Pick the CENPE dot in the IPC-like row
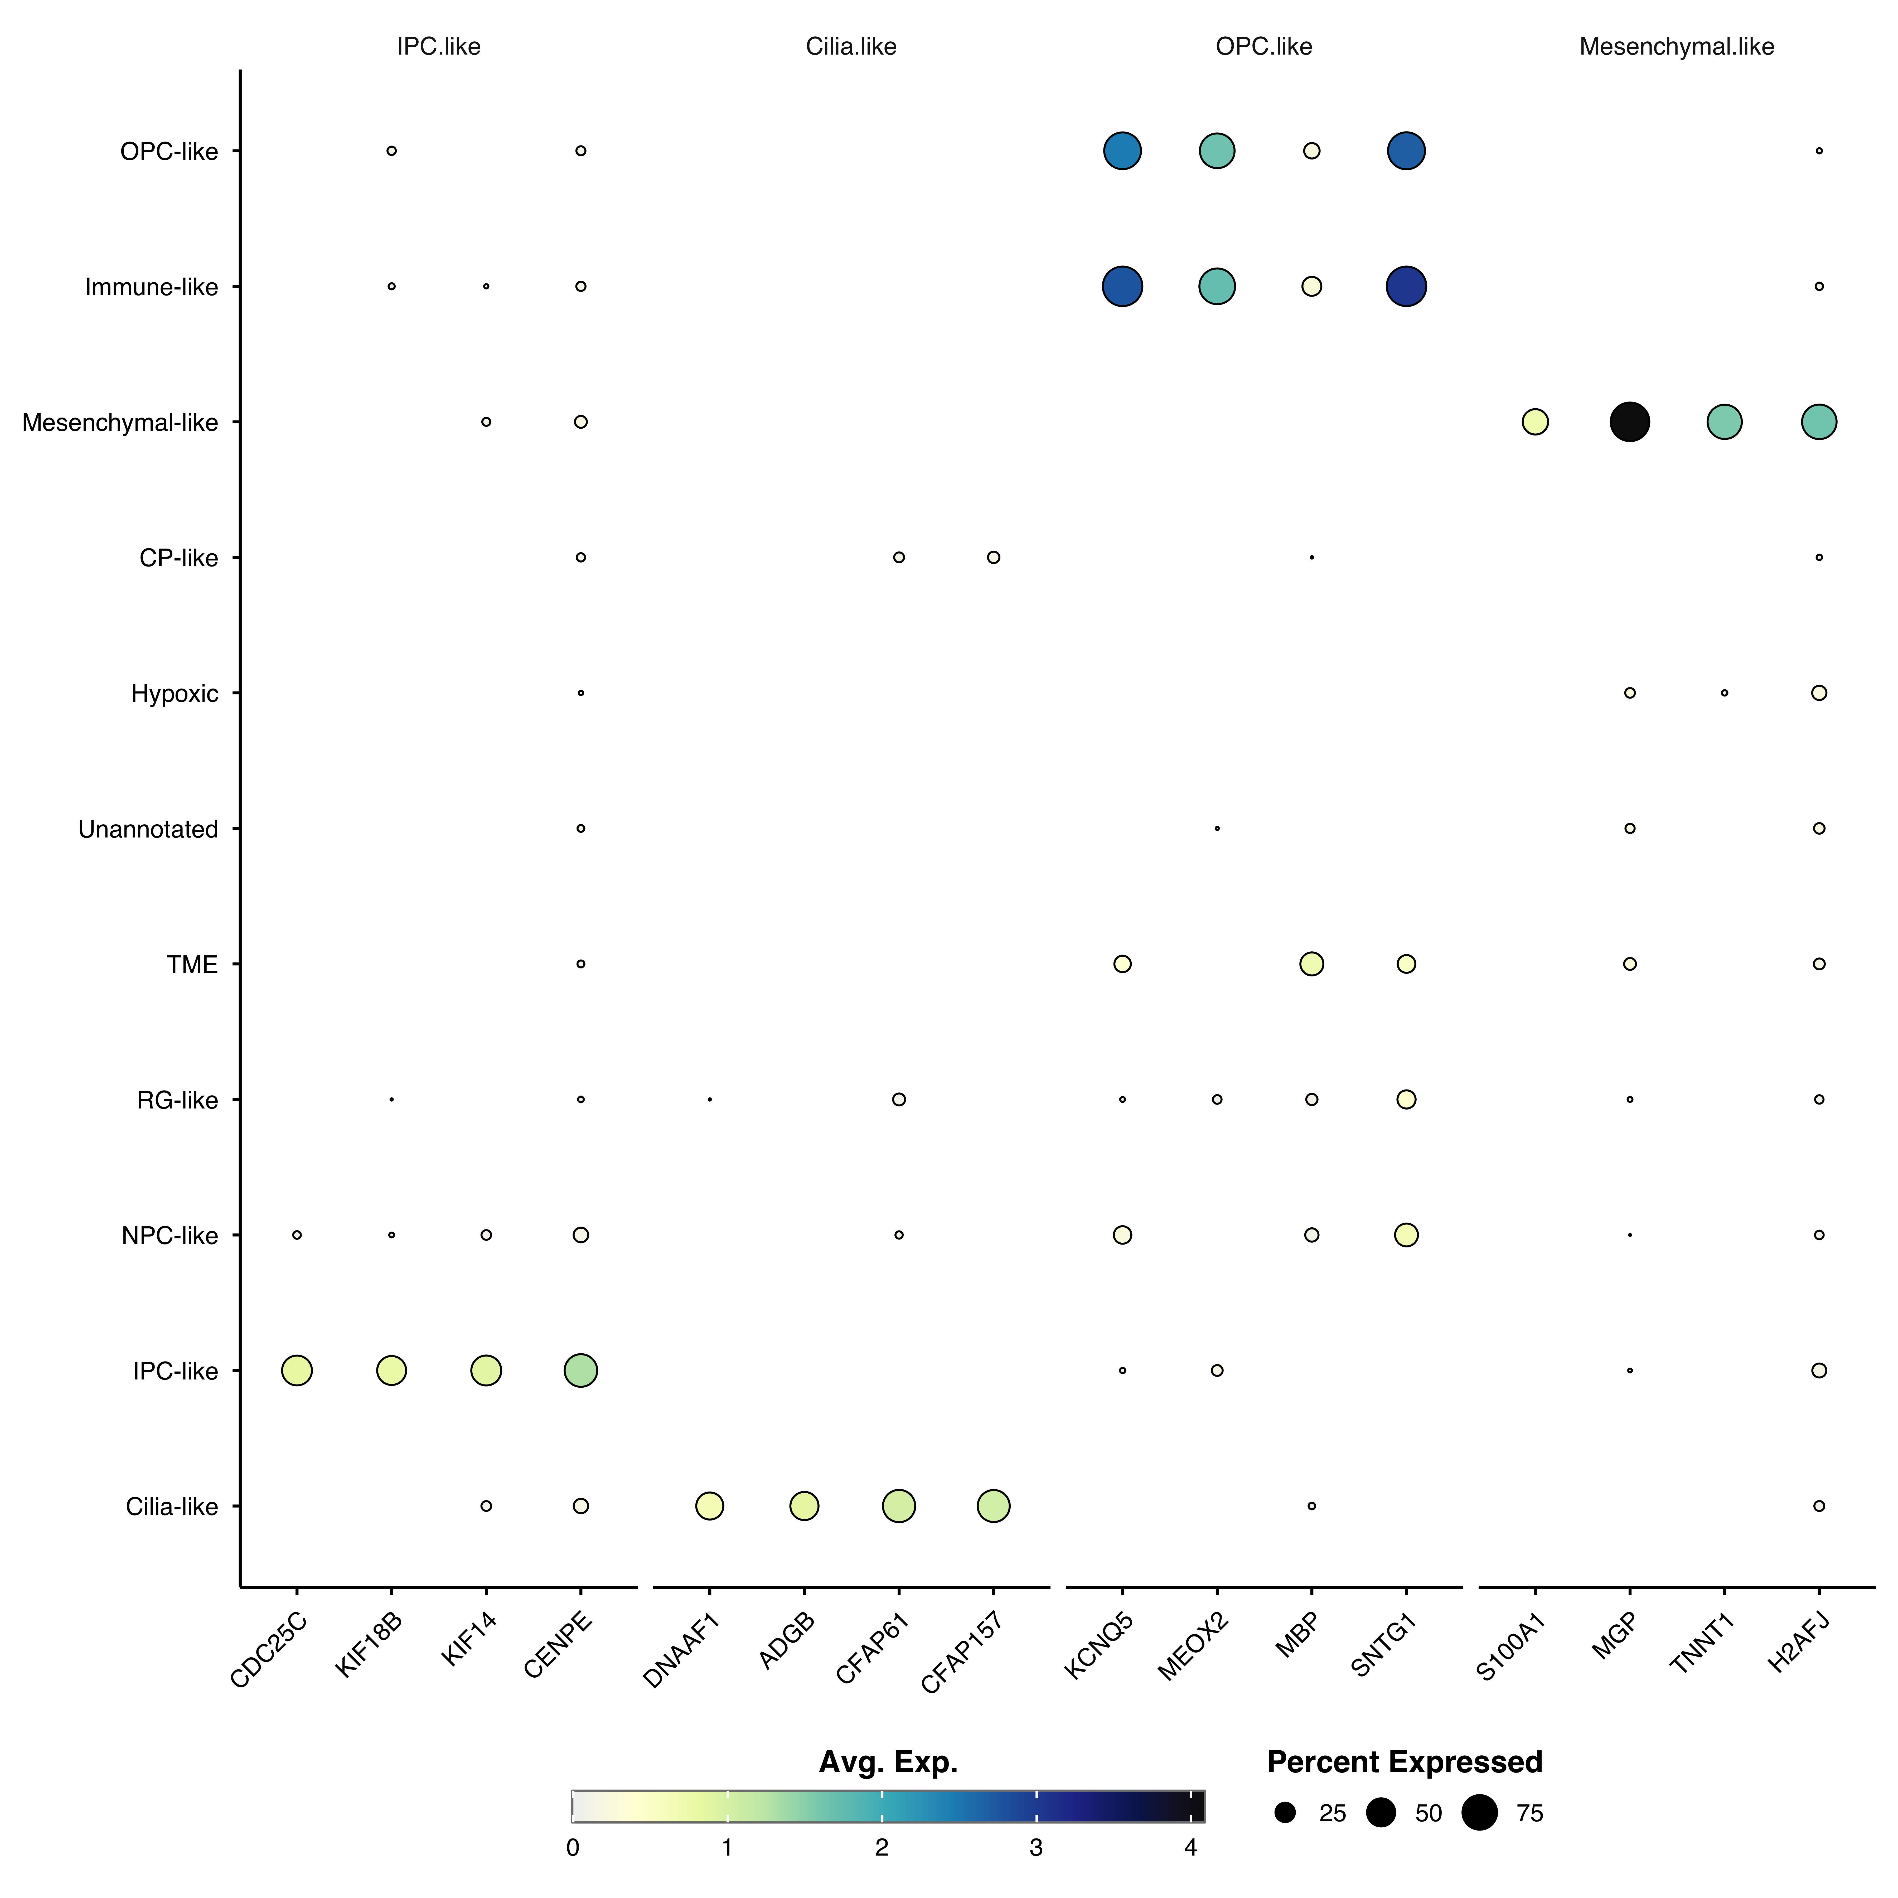(580, 1369)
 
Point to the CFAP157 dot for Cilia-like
(993, 1505)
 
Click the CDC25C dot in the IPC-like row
(297, 1369)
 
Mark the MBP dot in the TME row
(1311, 964)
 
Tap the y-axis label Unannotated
(148, 829)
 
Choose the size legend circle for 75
(1479, 1813)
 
